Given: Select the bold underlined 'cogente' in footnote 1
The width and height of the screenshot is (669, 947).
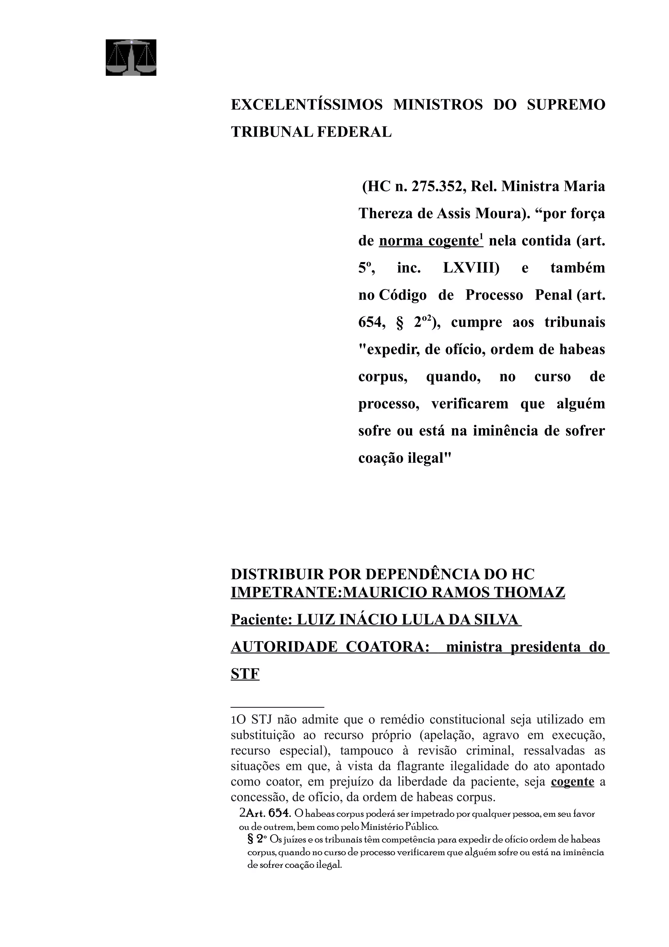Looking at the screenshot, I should tap(572, 782).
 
